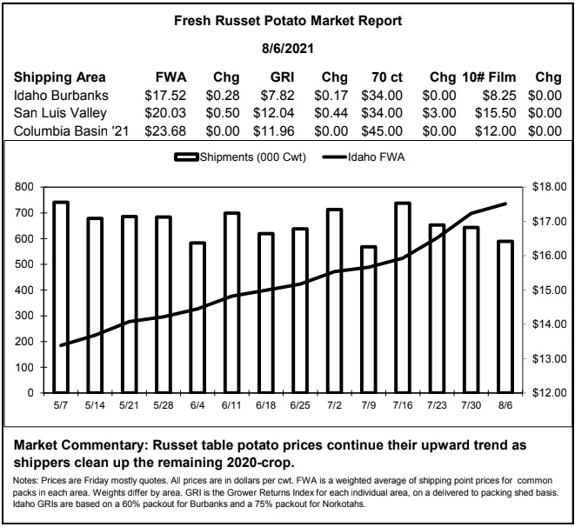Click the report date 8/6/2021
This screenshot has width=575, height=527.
point(288,49)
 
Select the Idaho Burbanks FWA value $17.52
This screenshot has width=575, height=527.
point(165,96)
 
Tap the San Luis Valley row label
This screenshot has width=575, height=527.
point(60,113)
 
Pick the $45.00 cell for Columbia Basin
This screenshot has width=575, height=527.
point(382,130)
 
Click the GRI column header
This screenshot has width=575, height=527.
point(282,77)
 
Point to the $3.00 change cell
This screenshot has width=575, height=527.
point(439,113)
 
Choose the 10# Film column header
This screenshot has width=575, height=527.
point(489,77)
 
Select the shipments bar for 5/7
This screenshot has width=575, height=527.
point(61,297)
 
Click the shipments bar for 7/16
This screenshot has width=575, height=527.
point(403,297)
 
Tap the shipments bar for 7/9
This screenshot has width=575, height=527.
point(369,319)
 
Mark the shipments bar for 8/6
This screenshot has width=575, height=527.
point(505,317)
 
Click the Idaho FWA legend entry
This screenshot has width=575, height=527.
point(364,157)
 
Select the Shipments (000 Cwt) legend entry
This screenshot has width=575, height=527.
point(240,157)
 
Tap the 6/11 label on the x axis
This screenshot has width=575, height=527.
point(231,405)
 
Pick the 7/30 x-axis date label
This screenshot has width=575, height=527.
point(471,405)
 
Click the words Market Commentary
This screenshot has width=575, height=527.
point(81,445)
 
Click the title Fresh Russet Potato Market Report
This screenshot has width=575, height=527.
point(288,21)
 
